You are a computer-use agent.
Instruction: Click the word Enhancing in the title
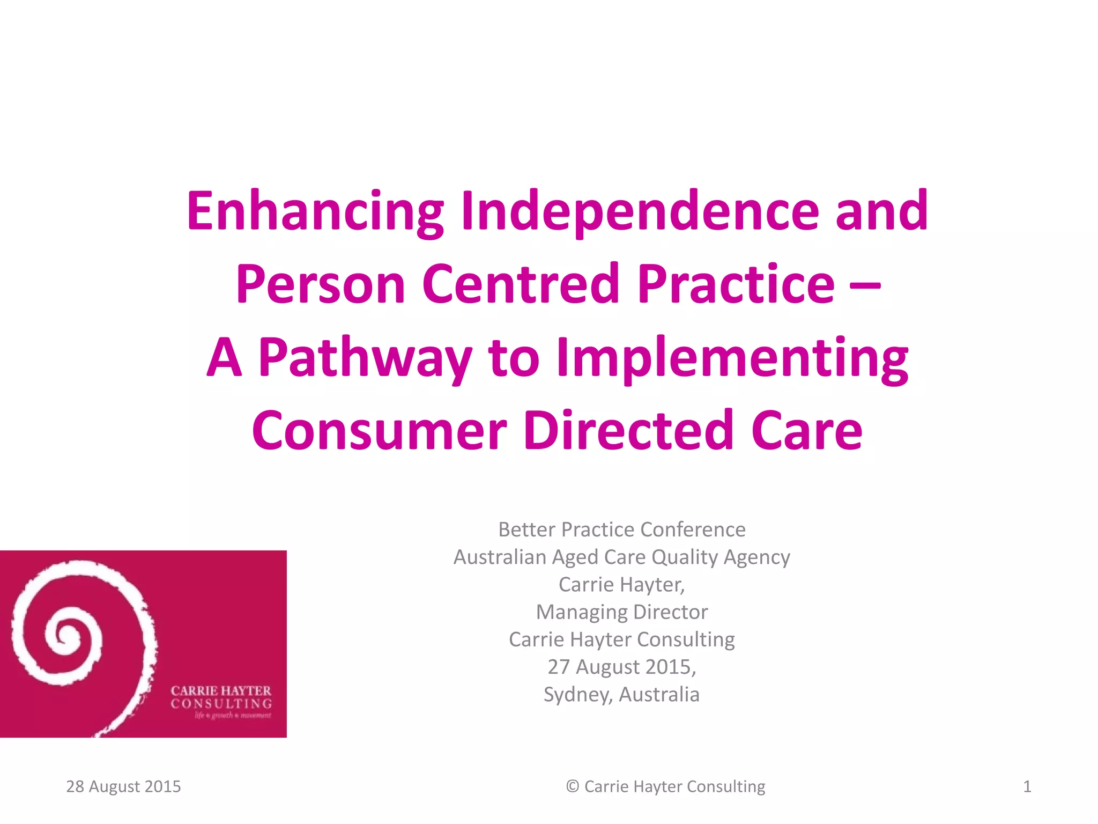[x=315, y=212]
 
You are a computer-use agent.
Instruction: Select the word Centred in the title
[x=521, y=284]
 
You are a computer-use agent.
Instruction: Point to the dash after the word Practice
[x=865, y=285]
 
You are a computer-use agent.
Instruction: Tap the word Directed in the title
[x=628, y=431]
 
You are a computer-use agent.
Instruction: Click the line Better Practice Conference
[x=622, y=529]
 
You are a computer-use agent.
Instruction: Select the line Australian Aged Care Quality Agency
[x=622, y=557]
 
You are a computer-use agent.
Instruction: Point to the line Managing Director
[x=622, y=612]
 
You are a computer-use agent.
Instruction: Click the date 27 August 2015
[x=621, y=667]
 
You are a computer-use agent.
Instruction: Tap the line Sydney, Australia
[x=622, y=694]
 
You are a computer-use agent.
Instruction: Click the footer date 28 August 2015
[x=123, y=786]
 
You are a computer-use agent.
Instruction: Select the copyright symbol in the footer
[x=573, y=786]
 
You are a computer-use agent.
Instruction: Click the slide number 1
[x=1027, y=786]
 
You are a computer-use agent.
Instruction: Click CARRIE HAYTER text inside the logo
[x=221, y=690]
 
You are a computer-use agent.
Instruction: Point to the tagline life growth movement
[x=233, y=716]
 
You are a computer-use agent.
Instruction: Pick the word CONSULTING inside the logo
[x=221, y=703]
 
